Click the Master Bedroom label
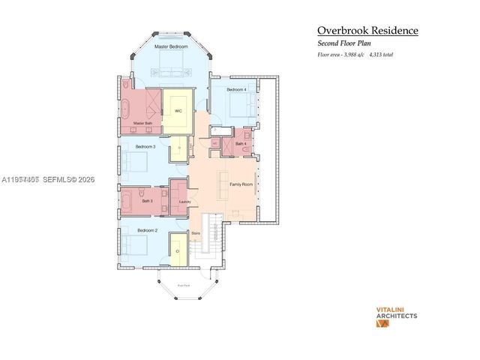coord(171,46)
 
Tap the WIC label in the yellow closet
coord(178,111)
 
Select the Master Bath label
coord(142,123)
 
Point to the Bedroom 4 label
coord(236,89)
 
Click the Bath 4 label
coord(241,143)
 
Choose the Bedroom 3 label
coord(145,146)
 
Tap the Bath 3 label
coord(147,201)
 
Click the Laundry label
coord(185,201)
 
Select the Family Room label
coord(241,184)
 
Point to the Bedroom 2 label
coord(147,230)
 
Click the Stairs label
coord(195,233)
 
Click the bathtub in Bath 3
coord(127,200)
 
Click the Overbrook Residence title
coord(367,31)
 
